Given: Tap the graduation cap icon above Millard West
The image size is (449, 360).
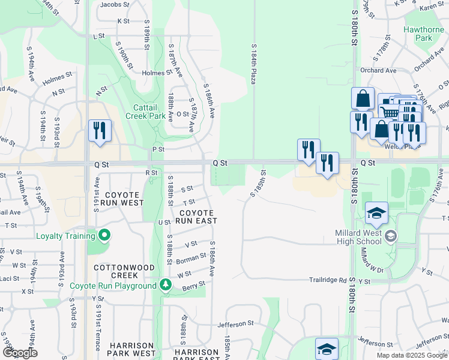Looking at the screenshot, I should click(376, 214).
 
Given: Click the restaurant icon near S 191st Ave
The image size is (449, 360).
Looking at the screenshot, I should click(99, 130).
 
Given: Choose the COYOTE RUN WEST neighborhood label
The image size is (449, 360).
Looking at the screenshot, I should click(124, 199).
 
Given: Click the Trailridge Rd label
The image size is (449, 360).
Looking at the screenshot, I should click(328, 280).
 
